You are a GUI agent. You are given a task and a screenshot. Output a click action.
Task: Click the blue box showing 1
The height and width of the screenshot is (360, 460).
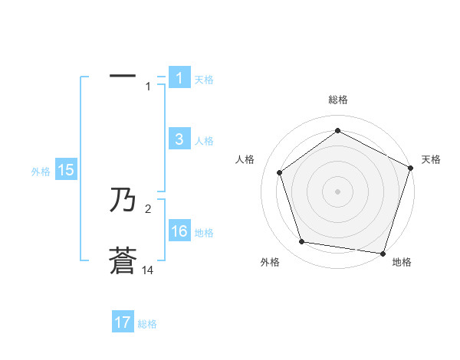(x=179, y=78)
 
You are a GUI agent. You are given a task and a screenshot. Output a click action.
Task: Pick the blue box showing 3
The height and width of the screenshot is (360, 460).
(x=179, y=139)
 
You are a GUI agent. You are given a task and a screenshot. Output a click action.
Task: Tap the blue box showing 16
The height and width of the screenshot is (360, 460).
(x=179, y=231)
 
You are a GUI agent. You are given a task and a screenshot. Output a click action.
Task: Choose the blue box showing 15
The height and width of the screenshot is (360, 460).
(x=66, y=171)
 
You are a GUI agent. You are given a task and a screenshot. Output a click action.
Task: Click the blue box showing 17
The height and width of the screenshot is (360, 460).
(x=123, y=322)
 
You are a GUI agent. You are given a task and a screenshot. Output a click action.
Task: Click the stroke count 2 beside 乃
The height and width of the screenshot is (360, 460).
(x=149, y=208)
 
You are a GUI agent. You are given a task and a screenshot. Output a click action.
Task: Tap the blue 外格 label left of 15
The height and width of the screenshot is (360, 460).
(x=41, y=172)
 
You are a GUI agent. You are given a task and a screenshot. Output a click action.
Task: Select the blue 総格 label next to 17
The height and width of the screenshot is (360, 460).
(x=147, y=324)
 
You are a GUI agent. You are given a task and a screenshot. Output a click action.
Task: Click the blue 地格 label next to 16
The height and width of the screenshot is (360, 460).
(x=204, y=233)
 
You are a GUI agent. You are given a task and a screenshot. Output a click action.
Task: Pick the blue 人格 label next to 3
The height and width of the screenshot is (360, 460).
(x=204, y=141)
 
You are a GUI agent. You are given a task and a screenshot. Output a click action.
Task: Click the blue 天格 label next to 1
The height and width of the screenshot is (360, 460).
(x=204, y=80)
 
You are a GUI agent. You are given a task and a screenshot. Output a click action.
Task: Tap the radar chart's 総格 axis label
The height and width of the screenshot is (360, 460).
(x=337, y=100)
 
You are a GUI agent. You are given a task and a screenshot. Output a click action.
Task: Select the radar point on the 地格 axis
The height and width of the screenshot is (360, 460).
(x=383, y=253)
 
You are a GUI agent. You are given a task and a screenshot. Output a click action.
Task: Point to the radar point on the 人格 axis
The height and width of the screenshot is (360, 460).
(x=280, y=172)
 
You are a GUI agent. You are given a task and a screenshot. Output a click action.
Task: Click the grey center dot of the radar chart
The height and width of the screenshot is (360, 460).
(x=337, y=191)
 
